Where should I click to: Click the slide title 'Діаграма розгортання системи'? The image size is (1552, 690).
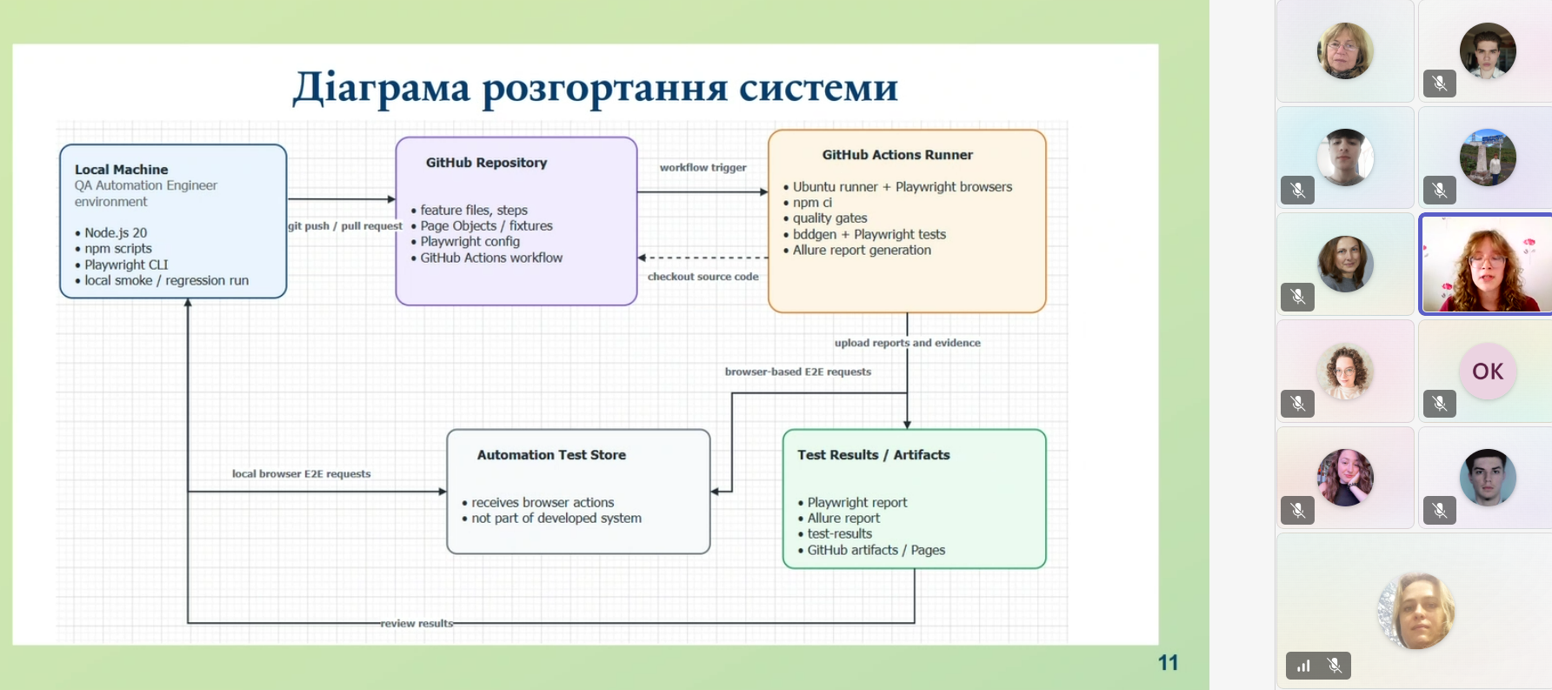click(596, 88)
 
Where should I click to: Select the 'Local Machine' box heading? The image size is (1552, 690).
click(122, 170)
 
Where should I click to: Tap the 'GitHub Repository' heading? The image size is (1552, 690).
click(486, 163)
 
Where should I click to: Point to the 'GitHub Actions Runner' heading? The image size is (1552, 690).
click(897, 155)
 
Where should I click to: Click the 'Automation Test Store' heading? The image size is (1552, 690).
click(551, 455)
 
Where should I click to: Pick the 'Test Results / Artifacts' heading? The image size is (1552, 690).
click(874, 455)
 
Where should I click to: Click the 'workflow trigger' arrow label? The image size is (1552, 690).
click(703, 167)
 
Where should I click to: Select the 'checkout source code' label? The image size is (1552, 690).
click(703, 277)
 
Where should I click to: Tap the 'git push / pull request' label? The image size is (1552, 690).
click(345, 226)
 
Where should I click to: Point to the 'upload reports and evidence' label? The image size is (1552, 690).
click(907, 343)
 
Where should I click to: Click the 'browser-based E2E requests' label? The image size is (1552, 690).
click(798, 372)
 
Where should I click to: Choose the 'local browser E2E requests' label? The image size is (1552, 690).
click(301, 474)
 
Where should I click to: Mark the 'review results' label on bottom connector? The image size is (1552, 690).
click(416, 623)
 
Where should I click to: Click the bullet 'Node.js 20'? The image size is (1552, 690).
click(111, 233)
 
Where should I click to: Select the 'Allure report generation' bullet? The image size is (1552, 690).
click(857, 251)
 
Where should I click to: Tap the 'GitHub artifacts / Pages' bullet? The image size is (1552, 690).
click(871, 550)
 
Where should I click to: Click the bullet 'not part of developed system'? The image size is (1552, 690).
click(552, 519)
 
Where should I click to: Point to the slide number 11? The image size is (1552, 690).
click(1168, 663)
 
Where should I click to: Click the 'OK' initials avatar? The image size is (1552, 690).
click(1488, 372)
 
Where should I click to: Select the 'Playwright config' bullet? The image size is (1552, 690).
click(465, 242)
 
